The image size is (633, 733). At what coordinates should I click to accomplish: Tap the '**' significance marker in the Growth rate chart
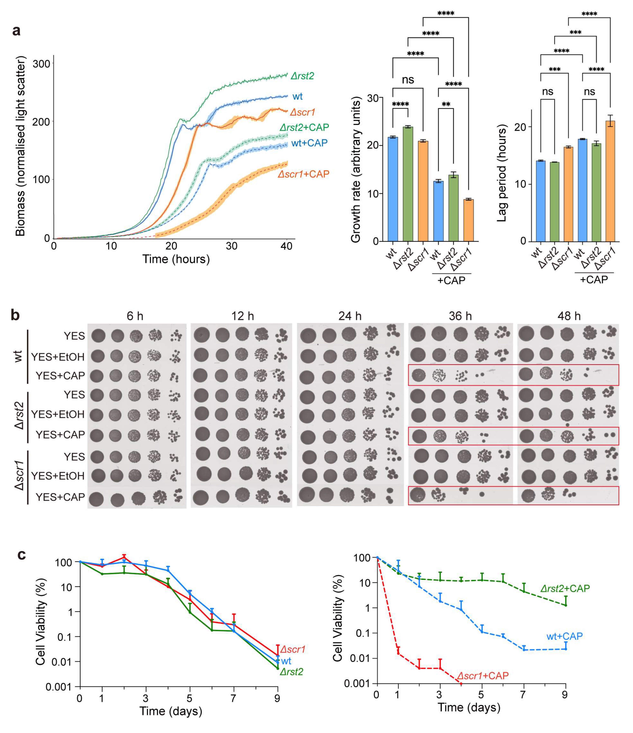click(446, 105)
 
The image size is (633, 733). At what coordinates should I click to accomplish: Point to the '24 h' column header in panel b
click(350, 316)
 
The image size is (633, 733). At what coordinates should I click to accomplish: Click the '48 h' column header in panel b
click(569, 316)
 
